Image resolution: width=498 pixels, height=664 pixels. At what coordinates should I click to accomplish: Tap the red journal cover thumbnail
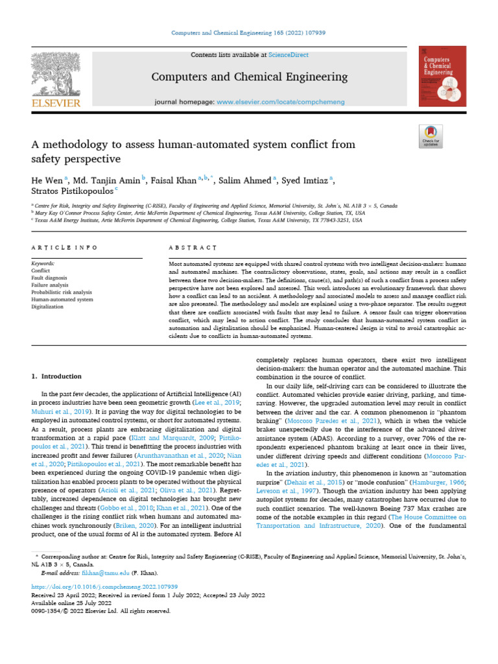point(443,77)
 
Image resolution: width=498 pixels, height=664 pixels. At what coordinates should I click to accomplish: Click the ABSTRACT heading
point(191,248)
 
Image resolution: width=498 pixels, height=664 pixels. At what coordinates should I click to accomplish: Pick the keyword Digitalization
point(48,307)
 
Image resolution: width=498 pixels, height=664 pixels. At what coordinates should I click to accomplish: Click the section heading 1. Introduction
point(57,376)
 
